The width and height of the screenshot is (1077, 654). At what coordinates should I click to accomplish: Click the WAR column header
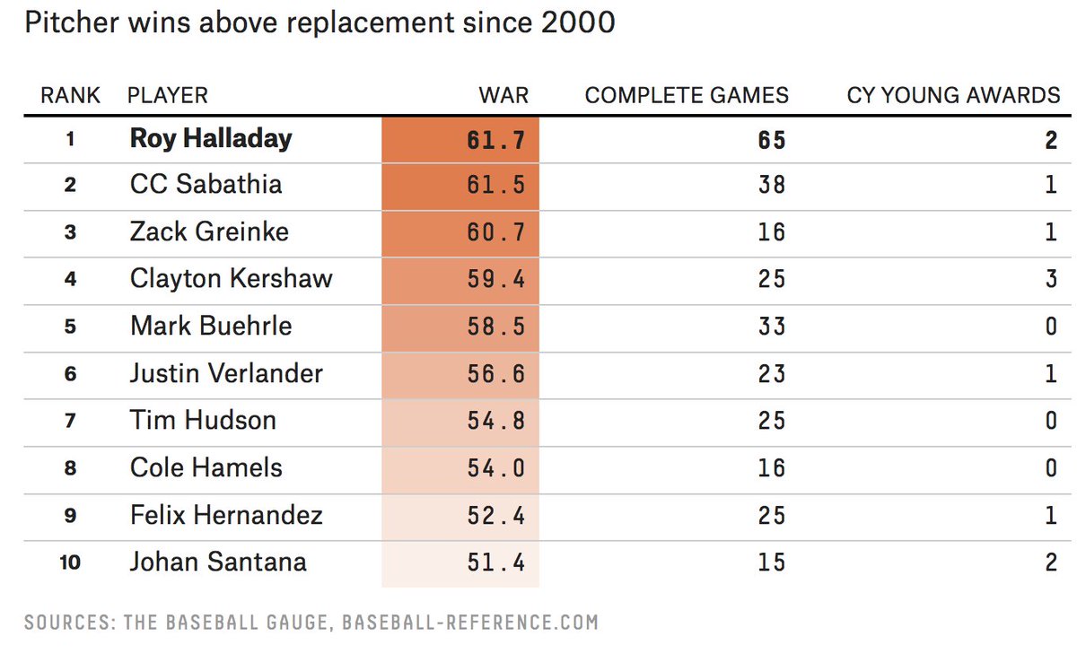503,95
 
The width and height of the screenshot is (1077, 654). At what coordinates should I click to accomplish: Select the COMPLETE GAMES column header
687,95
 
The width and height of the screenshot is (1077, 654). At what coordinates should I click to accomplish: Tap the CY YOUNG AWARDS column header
953,95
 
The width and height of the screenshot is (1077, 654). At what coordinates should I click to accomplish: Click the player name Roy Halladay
211,138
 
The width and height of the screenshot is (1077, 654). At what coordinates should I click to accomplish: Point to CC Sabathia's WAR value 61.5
495,185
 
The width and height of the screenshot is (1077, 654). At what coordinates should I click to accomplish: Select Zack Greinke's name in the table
209,231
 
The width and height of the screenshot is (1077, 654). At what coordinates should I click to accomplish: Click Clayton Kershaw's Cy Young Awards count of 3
1051,278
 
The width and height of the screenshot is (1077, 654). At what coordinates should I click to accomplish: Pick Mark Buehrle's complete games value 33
771,326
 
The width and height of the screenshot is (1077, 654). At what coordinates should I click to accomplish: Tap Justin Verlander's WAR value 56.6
495,373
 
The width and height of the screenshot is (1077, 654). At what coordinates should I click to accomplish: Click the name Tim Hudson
203,420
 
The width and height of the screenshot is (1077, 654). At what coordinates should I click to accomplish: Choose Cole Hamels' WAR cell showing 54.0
495,467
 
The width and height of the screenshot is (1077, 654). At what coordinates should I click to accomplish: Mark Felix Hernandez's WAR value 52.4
495,515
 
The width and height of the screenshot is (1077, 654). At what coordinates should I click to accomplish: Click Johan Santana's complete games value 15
771,562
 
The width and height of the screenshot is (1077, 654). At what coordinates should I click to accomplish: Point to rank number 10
70,562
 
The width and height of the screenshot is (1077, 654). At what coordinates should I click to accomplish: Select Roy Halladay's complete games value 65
771,139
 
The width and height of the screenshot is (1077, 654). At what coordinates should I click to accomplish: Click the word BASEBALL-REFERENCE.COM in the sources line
469,622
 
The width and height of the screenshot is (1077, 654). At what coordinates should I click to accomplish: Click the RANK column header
70,95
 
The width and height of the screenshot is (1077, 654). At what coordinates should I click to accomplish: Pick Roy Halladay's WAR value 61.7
495,139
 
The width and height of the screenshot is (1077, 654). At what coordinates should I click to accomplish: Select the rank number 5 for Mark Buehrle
70,327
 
